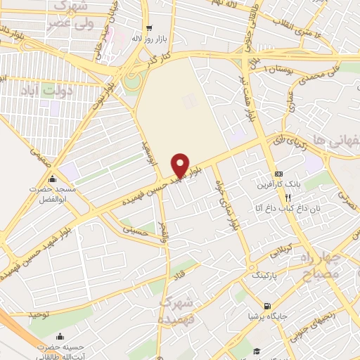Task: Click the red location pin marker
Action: (181, 165)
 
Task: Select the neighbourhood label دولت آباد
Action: (32, 89)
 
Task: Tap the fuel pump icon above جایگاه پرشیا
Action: (266, 306)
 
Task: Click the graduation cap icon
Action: (258, 351)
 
